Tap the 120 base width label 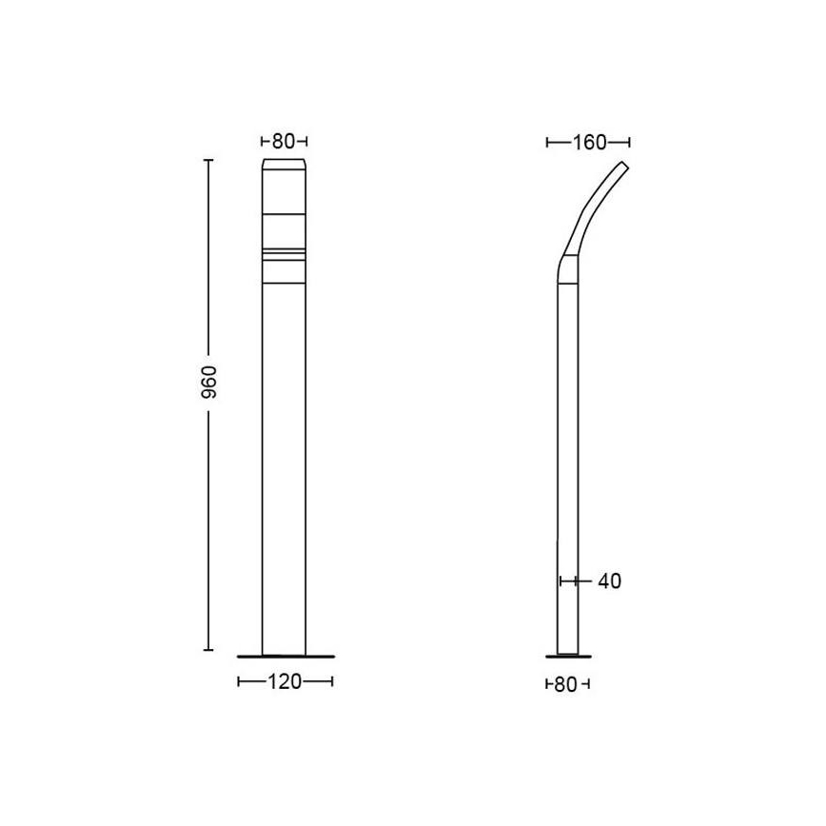pos(285,681)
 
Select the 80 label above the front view pos(284,142)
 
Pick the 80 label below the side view pos(567,683)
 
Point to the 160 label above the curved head pos(589,143)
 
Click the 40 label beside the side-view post pos(610,580)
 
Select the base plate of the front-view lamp pos(285,655)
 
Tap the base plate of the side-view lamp pos(567,655)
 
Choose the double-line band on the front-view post pos(285,254)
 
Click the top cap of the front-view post pos(285,167)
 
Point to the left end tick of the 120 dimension pos(238,681)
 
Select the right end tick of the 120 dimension pos(332,681)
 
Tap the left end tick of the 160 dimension pos(548,143)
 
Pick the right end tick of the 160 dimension pos(630,143)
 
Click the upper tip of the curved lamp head pos(624,165)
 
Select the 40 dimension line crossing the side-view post pos(568,580)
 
